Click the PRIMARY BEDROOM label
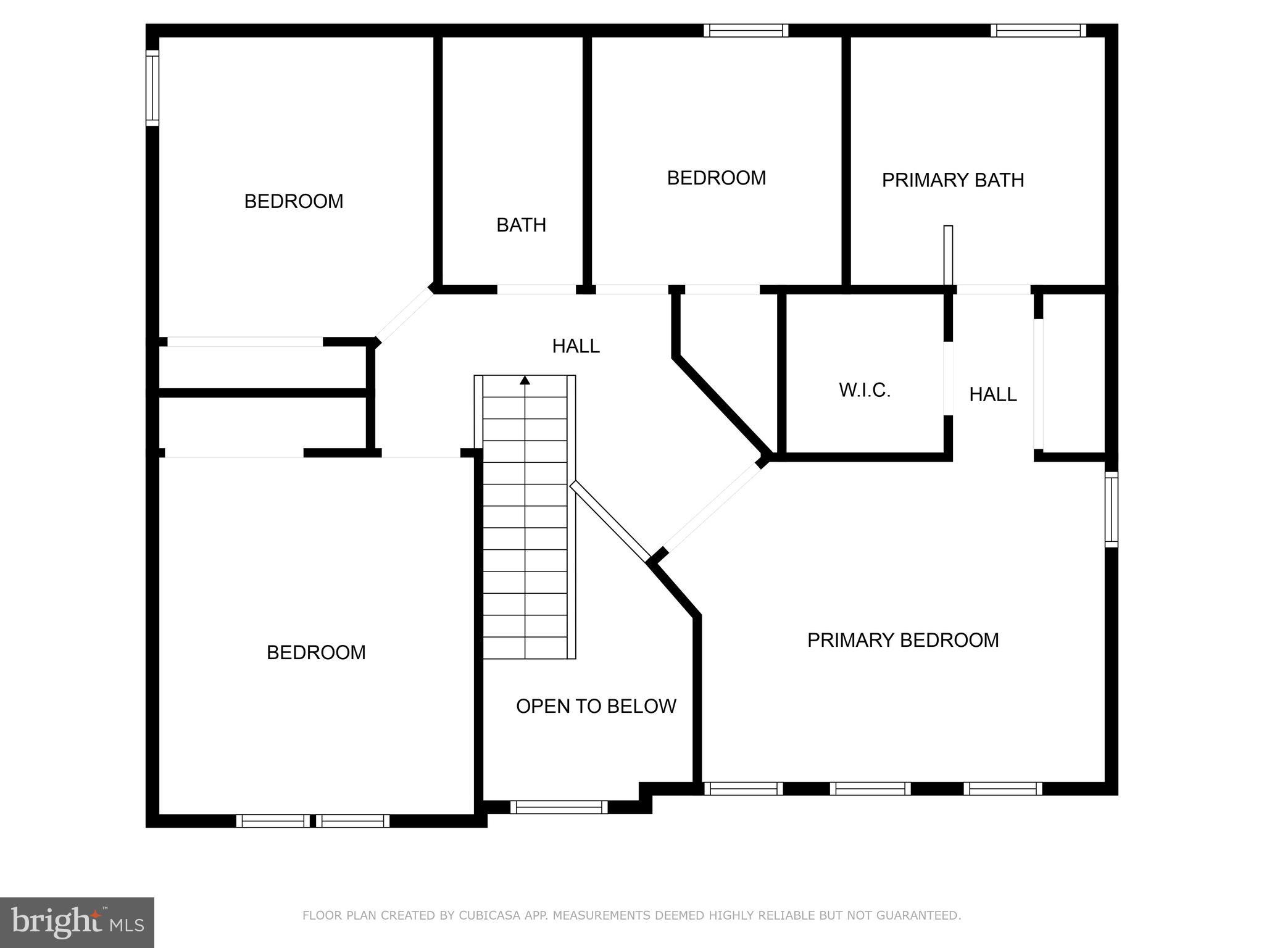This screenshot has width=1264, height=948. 902,640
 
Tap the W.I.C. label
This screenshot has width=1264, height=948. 864,390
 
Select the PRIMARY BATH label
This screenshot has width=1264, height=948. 952,180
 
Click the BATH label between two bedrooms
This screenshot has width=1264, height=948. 521,225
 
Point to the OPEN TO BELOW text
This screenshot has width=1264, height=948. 596,706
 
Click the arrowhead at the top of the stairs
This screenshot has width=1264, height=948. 525,380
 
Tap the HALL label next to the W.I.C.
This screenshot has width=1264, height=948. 992,394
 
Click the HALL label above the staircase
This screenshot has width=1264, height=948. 575,346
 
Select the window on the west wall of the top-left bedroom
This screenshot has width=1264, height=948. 152,88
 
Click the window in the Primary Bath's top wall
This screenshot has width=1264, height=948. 1038,30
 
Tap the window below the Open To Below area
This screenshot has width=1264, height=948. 559,807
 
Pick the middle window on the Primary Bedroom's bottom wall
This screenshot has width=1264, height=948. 870,788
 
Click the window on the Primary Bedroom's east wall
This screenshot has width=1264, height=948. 1111,509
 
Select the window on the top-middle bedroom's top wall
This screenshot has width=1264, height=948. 746,30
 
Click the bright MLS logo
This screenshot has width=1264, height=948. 77,922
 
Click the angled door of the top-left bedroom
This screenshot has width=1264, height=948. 405,315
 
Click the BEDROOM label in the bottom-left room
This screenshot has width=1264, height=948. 316,652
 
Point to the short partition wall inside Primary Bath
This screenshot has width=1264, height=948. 948,256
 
